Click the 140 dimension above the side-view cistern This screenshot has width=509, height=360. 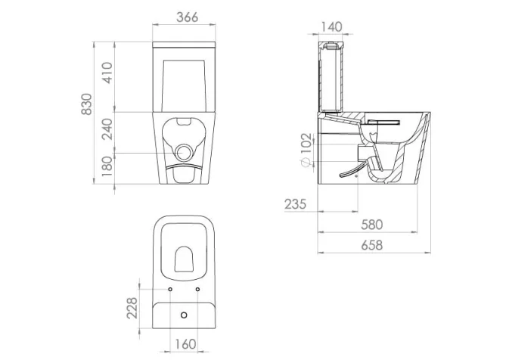331,26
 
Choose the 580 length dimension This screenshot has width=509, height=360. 371,225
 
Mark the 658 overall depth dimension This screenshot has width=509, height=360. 371,244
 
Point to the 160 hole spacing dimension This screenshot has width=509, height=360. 182,344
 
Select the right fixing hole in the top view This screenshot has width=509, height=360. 197,289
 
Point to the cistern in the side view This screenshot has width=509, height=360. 332,76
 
